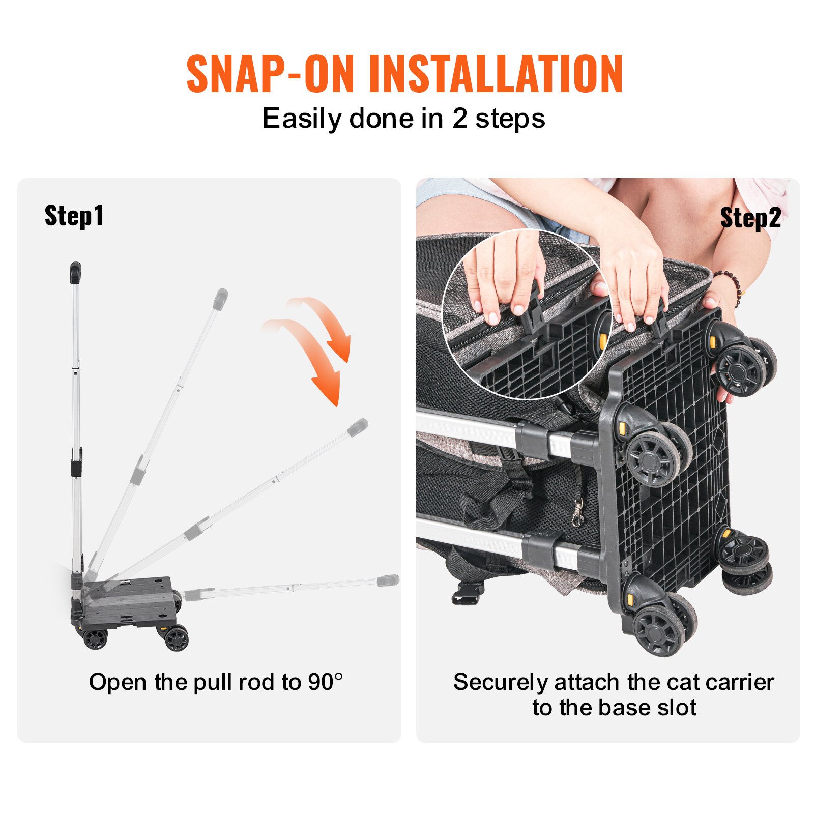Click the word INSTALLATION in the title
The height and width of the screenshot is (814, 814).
[x=496, y=74]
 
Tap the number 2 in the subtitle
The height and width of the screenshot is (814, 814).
[x=459, y=119]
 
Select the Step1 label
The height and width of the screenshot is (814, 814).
[x=74, y=216]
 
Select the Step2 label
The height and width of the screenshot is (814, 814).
[x=750, y=218]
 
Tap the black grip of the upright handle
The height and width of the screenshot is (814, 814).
[x=75, y=272]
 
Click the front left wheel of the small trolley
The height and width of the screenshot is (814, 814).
[x=95, y=638]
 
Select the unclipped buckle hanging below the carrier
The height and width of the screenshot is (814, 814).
[x=467, y=594]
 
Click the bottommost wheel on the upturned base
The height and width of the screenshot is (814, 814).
[x=659, y=630]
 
